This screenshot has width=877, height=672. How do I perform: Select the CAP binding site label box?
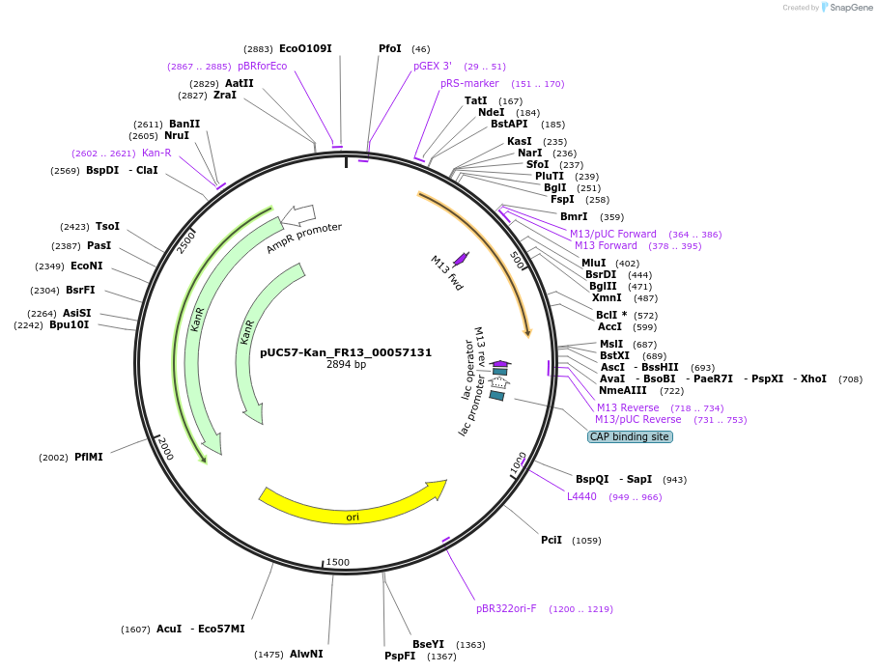point(629,436)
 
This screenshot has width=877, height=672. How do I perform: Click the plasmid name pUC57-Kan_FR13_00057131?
point(346,352)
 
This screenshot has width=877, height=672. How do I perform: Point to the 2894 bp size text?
point(346,365)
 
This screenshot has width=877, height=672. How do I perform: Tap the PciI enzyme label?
point(552,540)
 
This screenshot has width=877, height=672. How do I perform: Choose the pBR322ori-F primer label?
point(506,608)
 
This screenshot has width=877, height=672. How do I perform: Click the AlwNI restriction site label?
point(306,654)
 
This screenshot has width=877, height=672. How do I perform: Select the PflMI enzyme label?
point(88,457)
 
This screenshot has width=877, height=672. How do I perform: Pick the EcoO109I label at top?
point(305,48)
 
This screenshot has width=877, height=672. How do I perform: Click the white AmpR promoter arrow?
point(302,213)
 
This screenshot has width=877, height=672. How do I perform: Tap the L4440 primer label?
point(581,496)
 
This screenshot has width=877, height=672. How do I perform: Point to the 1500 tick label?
point(337,562)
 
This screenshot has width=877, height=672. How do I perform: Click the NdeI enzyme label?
point(492,112)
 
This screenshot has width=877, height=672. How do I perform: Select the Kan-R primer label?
point(156,153)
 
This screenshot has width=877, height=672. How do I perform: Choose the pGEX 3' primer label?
point(433,66)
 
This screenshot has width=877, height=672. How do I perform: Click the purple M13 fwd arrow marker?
point(461,258)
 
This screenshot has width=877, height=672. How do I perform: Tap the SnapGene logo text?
point(850,8)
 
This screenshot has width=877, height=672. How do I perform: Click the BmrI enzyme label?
point(574,216)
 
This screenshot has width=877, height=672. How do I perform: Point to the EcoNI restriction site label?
point(86,266)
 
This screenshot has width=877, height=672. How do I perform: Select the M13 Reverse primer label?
point(628,407)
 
